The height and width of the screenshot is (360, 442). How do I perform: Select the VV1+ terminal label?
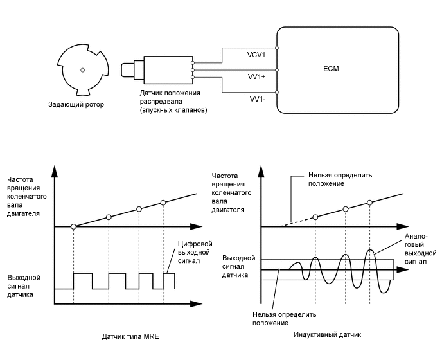(258, 76)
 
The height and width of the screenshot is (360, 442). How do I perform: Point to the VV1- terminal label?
(258, 100)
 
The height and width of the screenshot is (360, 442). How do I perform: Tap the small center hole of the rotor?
(82, 69)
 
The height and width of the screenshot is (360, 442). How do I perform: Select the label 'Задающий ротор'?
(76, 104)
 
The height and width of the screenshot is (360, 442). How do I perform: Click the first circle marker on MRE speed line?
(74, 226)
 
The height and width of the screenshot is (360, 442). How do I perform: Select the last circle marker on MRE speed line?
(163, 203)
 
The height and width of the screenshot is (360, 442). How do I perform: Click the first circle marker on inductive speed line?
(315, 217)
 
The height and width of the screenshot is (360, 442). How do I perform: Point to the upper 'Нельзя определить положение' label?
(339, 179)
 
